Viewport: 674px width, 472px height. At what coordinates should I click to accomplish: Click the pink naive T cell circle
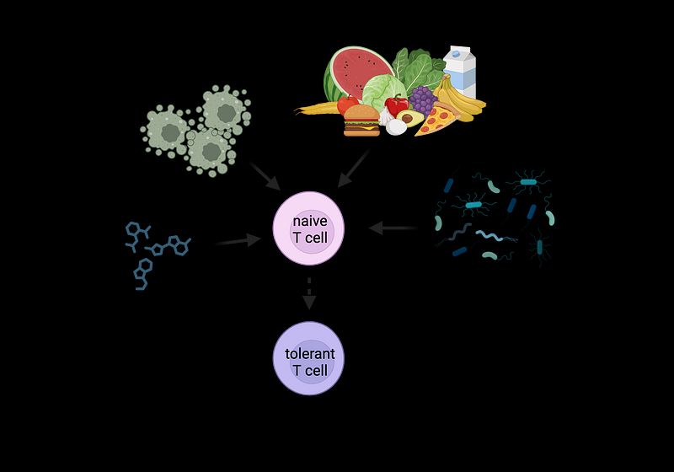pos(309,228)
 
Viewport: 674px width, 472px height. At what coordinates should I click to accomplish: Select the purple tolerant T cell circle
pos(309,357)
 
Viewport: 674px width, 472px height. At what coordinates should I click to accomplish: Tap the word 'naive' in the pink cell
pos(308,220)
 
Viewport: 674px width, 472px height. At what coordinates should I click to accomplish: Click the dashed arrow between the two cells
pos(309,292)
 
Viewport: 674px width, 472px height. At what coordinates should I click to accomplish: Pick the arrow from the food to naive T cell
pos(354,169)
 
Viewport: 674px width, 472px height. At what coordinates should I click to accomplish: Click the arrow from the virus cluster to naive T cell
pos(265,174)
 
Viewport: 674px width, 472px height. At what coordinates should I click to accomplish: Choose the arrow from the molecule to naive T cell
pos(238,242)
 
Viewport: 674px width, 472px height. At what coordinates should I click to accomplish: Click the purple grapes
pos(421,99)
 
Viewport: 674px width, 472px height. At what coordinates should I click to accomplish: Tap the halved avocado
pos(410,118)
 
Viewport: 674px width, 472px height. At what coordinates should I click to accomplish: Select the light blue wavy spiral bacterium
pos(496,237)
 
